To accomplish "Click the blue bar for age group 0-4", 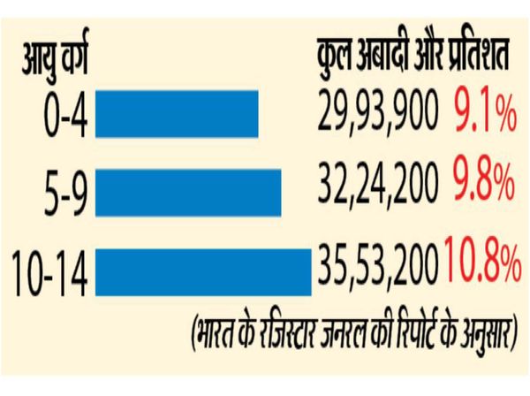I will (x=177, y=116).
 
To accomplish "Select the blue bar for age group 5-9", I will (x=187, y=192).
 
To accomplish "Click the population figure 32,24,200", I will (x=377, y=186).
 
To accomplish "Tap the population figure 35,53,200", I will (x=379, y=263).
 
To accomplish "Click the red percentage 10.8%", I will (x=481, y=263).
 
